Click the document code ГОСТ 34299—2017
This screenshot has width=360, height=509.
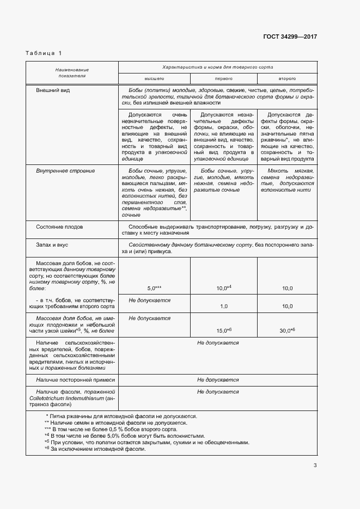[290, 37]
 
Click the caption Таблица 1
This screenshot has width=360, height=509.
[44, 53]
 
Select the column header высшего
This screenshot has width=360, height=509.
[154, 78]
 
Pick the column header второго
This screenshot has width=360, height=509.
[287, 78]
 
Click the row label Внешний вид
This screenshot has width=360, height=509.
[53, 89]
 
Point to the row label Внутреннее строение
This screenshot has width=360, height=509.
[65, 171]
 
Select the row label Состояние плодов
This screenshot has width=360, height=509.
[59, 226]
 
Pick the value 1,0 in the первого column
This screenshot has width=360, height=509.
[223, 306]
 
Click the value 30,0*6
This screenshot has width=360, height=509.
[287, 330]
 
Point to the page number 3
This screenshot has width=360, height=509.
[315, 465]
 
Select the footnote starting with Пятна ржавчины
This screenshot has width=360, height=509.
[123, 416]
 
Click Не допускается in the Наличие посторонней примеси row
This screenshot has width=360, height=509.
[218, 379]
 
